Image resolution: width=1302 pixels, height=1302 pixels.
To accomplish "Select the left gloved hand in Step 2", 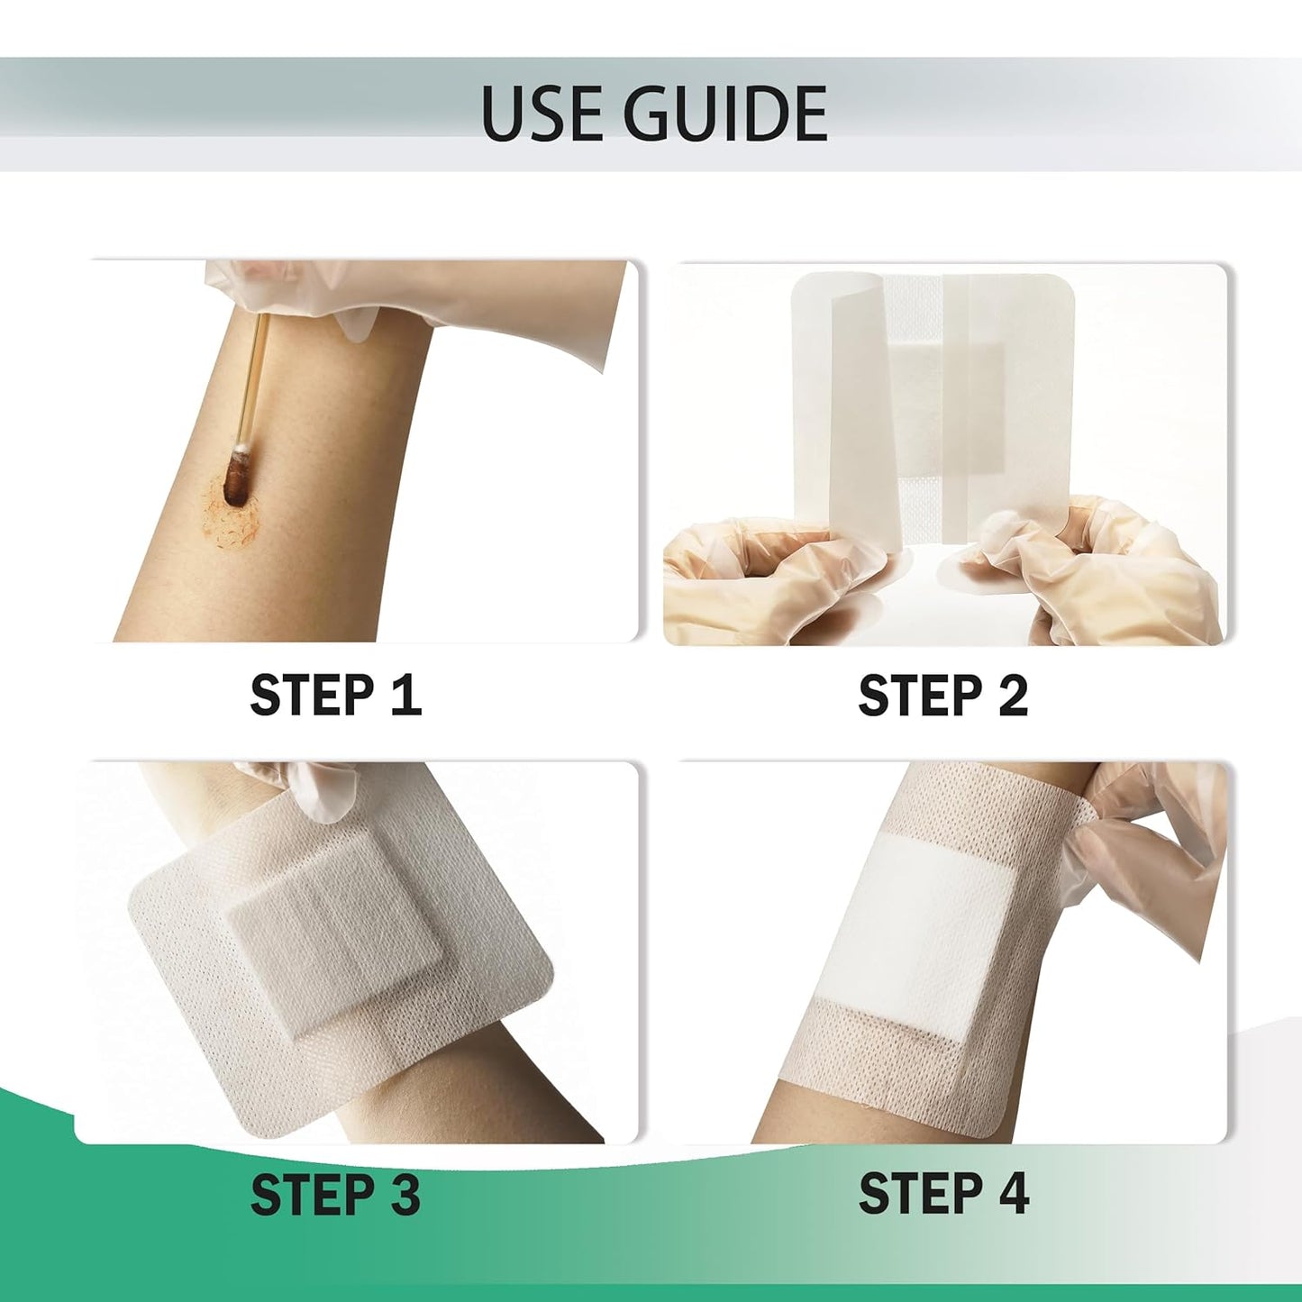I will point(748,577).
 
